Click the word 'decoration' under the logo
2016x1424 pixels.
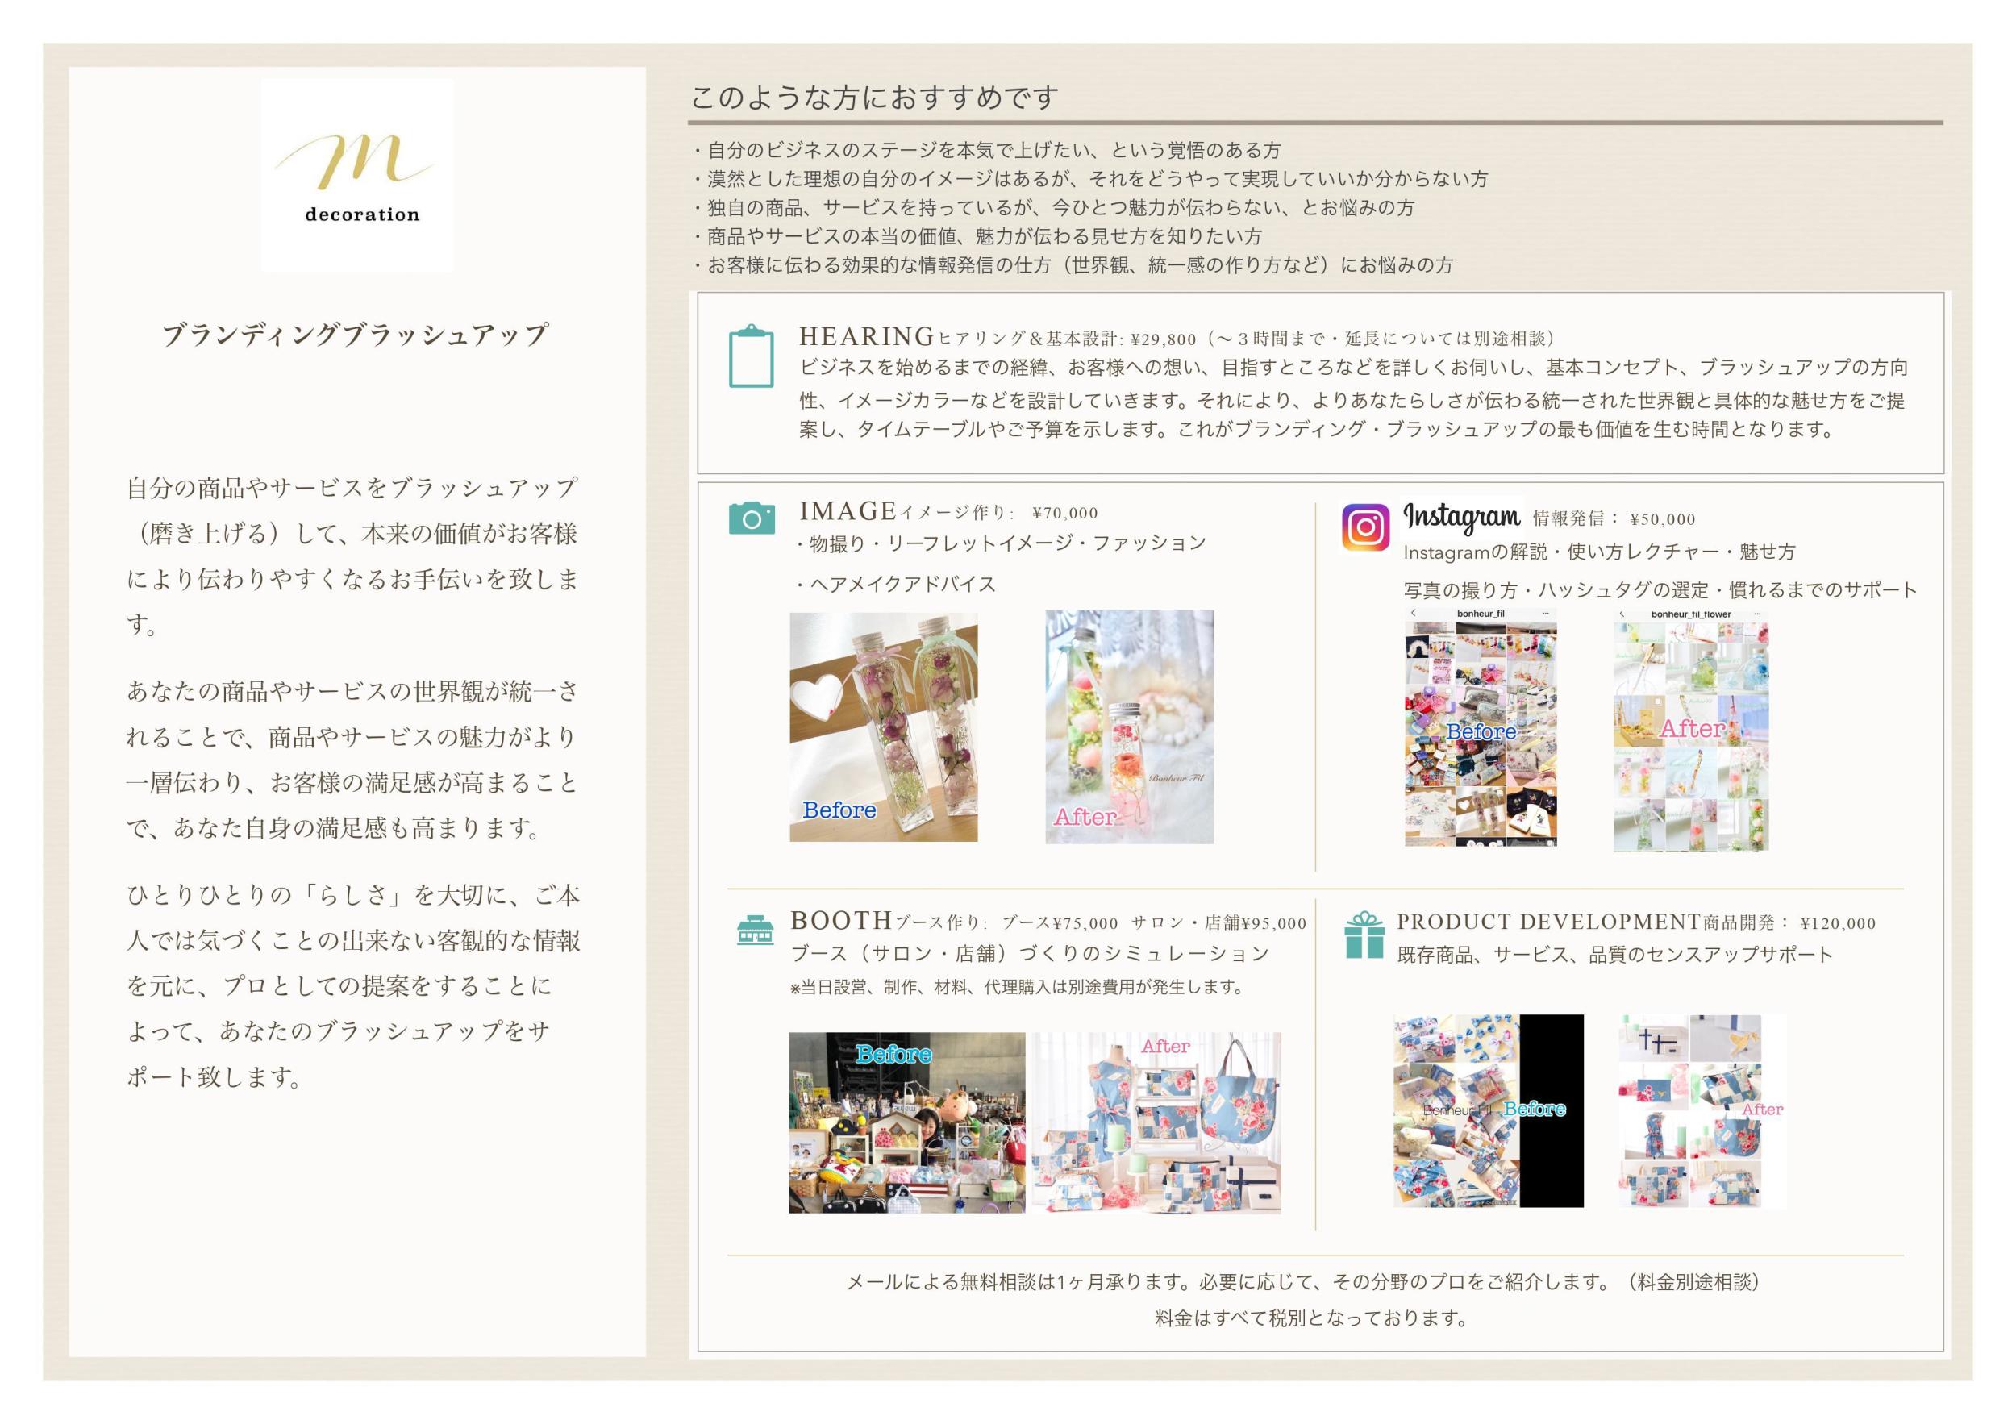click(x=362, y=214)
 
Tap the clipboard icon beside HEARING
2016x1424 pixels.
click(x=751, y=356)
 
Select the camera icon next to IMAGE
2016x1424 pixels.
click(x=752, y=518)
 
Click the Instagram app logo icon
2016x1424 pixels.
click(x=1365, y=527)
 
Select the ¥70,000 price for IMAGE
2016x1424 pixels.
click(x=1065, y=514)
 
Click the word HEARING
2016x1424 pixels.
click(x=866, y=337)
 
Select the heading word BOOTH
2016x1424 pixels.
click(x=841, y=921)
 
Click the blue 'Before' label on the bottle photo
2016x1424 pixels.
click(x=839, y=810)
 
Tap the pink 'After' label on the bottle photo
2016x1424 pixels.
click(x=1085, y=818)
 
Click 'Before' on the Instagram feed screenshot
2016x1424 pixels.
click(x=1481, y=731)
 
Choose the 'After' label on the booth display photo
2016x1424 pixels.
click(x=1165, y=1047)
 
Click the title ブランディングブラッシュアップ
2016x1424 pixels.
click(x=356, y=335)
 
